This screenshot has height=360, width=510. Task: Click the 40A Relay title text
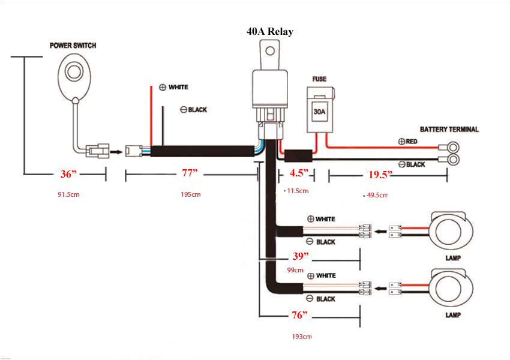[269, 31]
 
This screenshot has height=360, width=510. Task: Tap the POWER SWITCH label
[73, 46]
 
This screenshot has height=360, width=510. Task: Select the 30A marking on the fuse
[319, 112]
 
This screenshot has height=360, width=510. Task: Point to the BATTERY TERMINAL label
[449, 130]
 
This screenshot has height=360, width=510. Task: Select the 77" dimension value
[190, 174]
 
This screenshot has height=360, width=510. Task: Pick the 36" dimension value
[69, 174]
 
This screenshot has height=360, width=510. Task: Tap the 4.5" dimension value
[298, 174]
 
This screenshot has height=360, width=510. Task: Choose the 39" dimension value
[300, 256]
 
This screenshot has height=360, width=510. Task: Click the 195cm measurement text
[190, 194]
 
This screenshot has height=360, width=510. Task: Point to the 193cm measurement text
[302, 337]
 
